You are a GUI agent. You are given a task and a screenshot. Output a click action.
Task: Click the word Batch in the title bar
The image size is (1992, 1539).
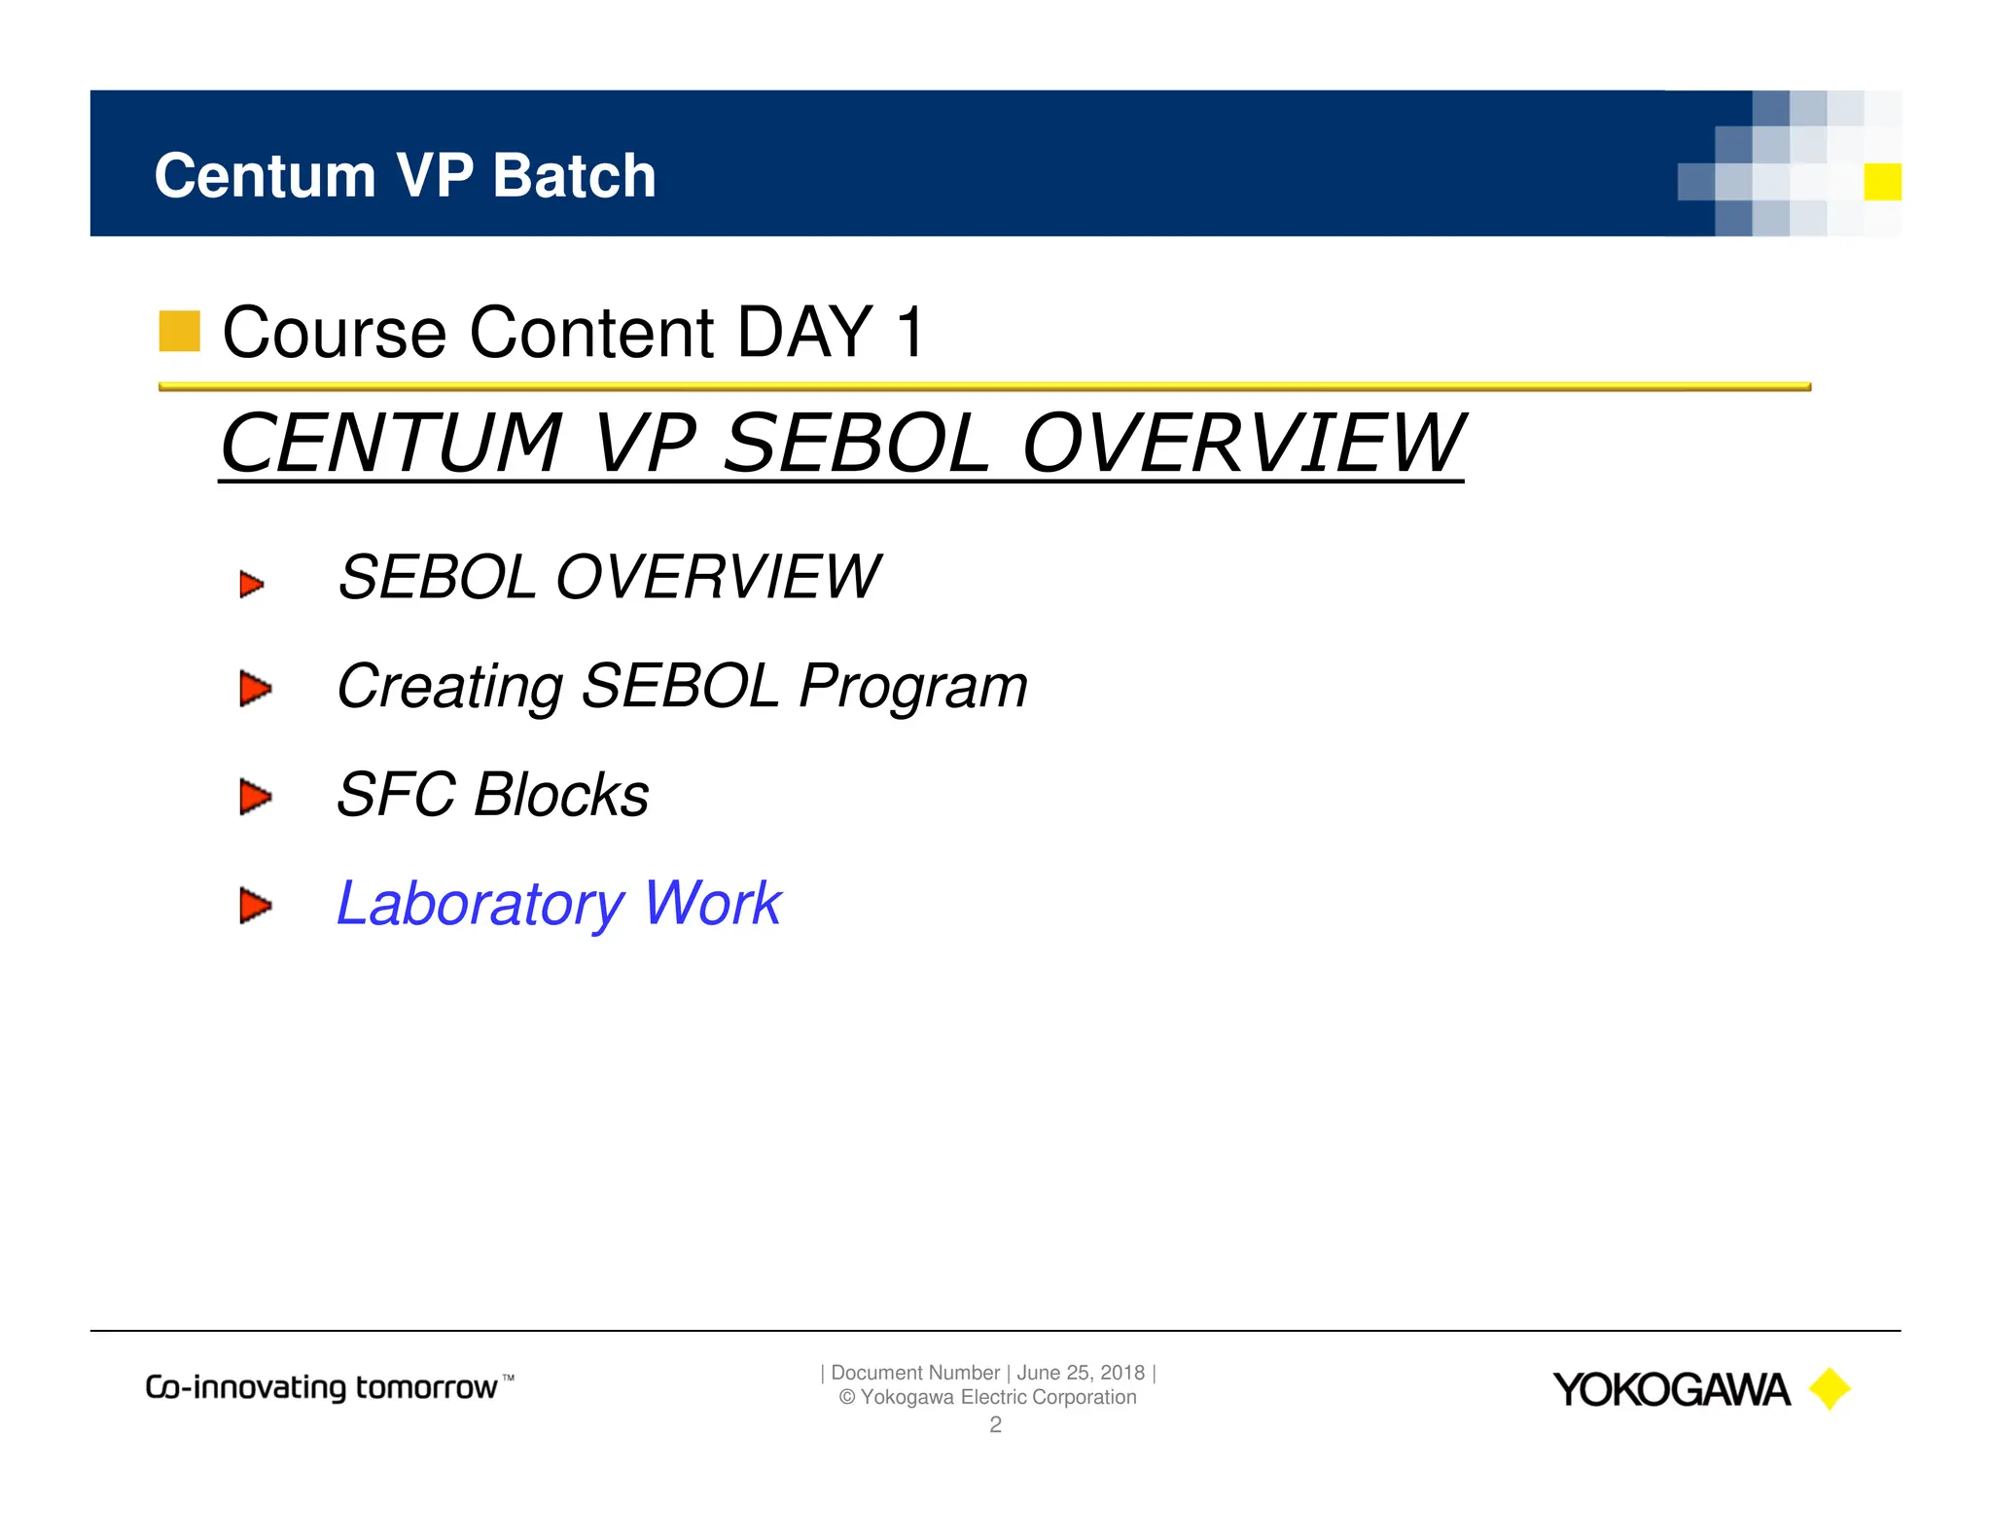point(574,176)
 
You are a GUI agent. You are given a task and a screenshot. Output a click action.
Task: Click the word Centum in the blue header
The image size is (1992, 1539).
point(265,176)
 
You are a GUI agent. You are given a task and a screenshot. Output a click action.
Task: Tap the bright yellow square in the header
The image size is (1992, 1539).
point(1882,182)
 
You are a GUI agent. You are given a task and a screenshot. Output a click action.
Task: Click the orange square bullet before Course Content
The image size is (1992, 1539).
point(179,331)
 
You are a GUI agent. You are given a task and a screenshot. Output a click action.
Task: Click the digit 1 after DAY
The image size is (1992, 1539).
point(910,333)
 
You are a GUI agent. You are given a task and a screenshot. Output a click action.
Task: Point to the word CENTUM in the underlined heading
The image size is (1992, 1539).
point(391,444)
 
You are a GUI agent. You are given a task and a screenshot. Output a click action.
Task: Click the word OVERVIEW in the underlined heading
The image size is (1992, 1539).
point(1242,444)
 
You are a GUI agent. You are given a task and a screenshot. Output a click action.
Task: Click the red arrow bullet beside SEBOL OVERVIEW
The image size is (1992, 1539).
point(252,585)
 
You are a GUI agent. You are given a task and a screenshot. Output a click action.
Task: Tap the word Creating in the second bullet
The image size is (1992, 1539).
point(448,687)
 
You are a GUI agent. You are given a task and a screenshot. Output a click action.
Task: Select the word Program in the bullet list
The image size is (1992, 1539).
point(912,687)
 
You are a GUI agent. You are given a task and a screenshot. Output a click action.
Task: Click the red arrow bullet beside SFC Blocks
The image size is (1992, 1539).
point(255,797)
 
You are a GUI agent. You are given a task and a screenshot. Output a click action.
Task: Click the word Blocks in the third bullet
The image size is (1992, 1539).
point(561,795)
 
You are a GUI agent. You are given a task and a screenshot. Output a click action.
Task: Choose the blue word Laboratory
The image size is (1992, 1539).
point(480,904)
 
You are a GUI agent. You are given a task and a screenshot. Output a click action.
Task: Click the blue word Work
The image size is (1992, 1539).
point(712,904)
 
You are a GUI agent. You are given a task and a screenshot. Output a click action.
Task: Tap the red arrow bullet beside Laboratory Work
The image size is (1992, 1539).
point(255,905)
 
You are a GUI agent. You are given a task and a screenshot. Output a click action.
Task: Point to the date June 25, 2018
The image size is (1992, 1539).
point(1081,1373)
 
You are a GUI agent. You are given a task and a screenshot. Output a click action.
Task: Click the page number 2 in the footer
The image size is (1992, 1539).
point(995,1425)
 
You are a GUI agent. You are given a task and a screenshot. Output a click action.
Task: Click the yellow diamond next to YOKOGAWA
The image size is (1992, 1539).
point(1829,1389)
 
